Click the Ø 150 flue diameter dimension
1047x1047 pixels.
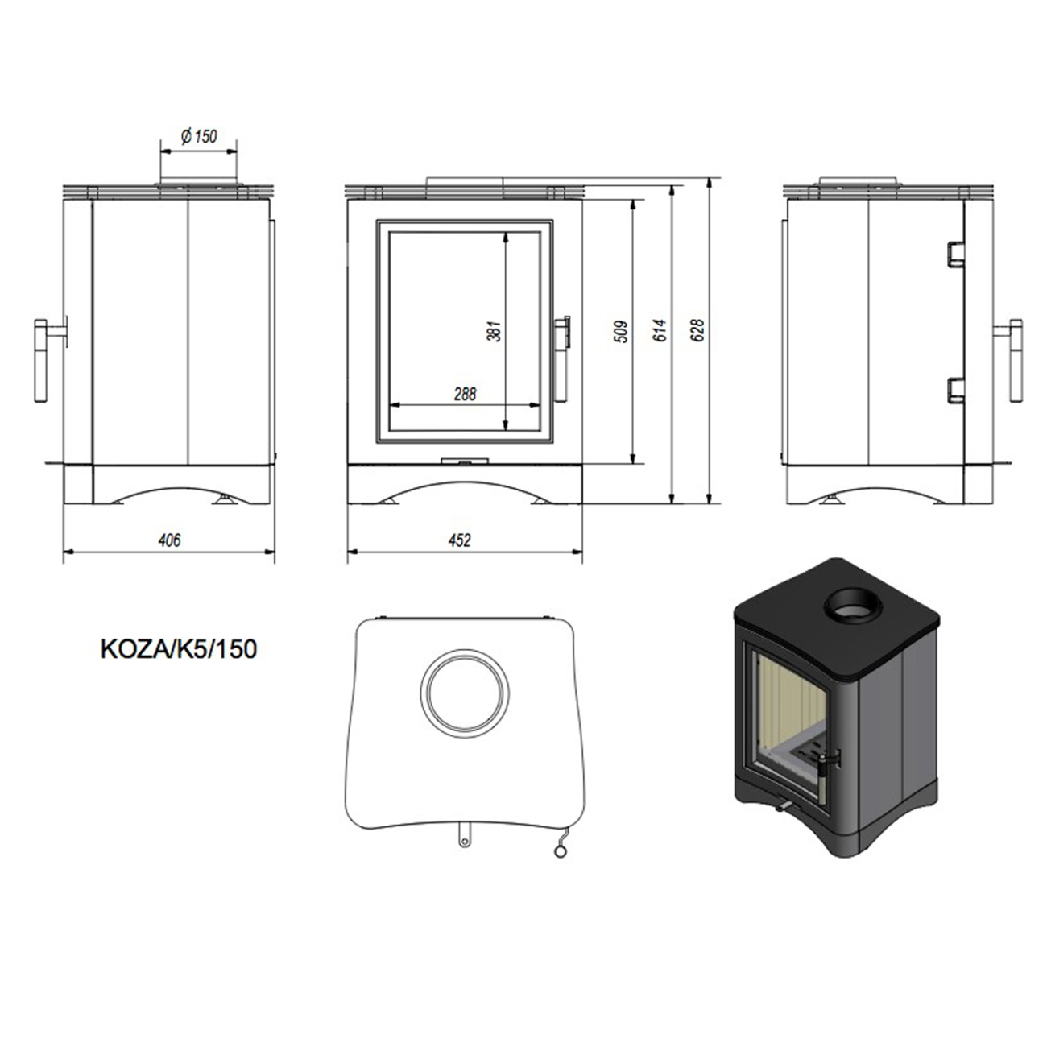[x=199, y=136]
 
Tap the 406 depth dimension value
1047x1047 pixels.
[x=169, y=540]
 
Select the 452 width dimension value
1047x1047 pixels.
[x=460, y=540]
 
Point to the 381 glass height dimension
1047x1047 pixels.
[x=494, y=331]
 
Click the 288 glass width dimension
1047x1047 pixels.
[x=465, y=394]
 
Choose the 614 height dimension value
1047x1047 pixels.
[x=660, y=331]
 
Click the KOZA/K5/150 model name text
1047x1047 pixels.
[x=179, y=649]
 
